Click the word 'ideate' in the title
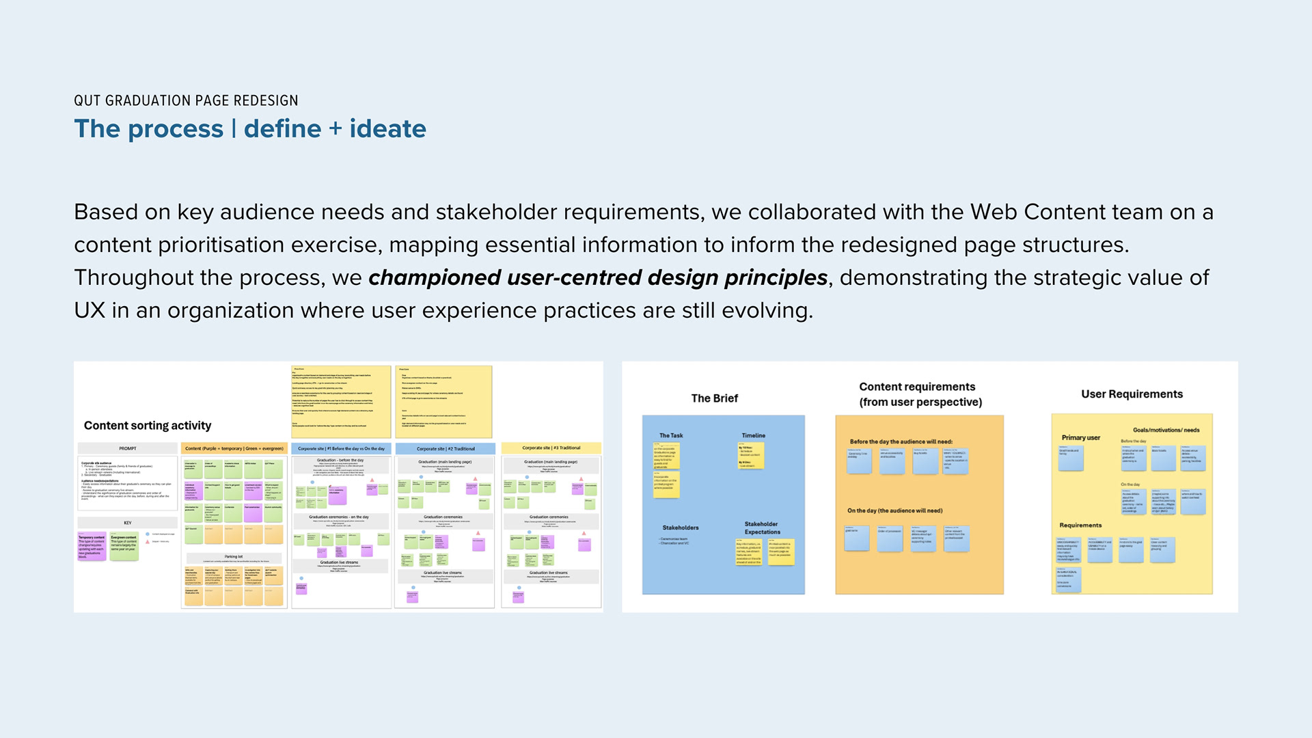point(387,128)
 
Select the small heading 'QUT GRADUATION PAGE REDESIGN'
point(186,100)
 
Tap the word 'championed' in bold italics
point(435,277)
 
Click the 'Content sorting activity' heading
point(148,425)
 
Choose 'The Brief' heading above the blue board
point(714,398)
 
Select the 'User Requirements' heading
point(1132,394)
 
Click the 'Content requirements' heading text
point(917,387)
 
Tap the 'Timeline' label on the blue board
point(753,435)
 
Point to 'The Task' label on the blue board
point(670,435)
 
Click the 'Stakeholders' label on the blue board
point(680,528)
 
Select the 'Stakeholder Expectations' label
point(762,528)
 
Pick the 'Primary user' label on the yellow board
point(1080,437)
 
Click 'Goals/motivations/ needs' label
point(1166,430)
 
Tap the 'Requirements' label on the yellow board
point(1080,525)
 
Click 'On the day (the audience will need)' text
point(894,510)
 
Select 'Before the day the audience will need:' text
point(901,441)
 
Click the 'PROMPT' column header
point(128,448)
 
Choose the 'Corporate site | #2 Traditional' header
point(446,448)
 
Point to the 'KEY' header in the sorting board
point(128,523)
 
